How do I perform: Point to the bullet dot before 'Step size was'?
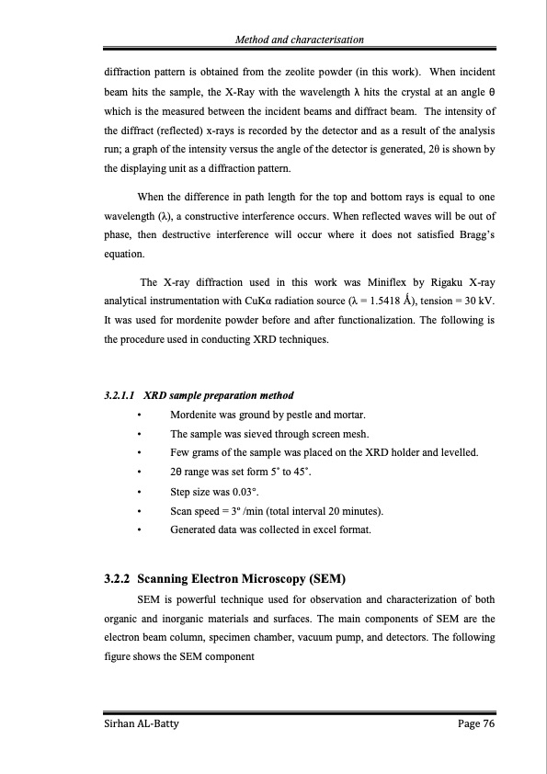[x=138, y=492]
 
